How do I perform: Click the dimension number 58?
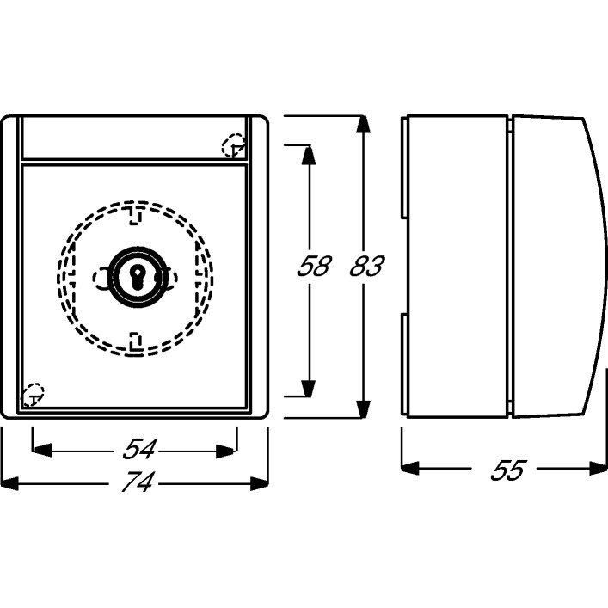tap(314, 266)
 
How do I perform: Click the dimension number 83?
tap(366, 266)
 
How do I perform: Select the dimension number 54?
tap(139, 449)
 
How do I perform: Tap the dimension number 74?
tap(138, 482)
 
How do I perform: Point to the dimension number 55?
tap(507, 470)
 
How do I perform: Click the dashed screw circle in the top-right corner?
tap(234, 145)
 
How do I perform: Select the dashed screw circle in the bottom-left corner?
tap(34, 395)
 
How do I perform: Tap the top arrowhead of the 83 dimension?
tap(363, 124)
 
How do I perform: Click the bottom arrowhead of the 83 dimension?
tap(363, 409)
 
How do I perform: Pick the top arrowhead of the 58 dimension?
tap(309, 154)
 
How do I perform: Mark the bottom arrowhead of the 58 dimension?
tap(309, 388)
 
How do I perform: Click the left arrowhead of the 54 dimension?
tap(42, 450)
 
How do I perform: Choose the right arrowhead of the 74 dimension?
tap(259, 483)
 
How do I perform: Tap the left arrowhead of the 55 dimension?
tap(410, 469)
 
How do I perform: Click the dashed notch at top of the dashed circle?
tap(134, 216)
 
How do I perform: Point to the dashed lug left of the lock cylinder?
tap(101, 279)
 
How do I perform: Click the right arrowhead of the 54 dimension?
tap(226, 451)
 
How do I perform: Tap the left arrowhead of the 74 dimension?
tap(9, 483)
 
